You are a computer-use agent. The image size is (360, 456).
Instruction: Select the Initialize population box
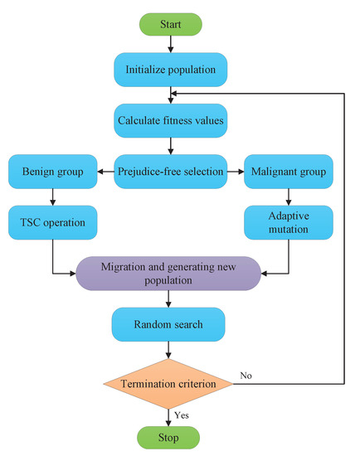pyautogui.click(x=169, y=70)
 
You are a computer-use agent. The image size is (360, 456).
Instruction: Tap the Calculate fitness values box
pyautogui.click(x=169, y=121)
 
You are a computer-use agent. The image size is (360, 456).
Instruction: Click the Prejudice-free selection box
pyautogui.click(x=169, y=172)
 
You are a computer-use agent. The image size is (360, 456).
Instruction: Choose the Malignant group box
pyautogui.click(x=286, y=172)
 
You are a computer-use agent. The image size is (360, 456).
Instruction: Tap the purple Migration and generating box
pyautogui.click(x=169, y=273)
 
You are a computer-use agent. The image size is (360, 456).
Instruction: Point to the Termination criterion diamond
pyautogui.click(x=169, y=383)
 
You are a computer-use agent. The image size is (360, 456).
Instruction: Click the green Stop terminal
pyautogui.click(x=169, y=435)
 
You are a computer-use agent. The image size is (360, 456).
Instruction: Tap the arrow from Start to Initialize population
pyautogui.click(x=169, y=44)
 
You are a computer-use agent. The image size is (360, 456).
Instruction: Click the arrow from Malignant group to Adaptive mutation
pyautogui.click(x=286, y=197)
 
